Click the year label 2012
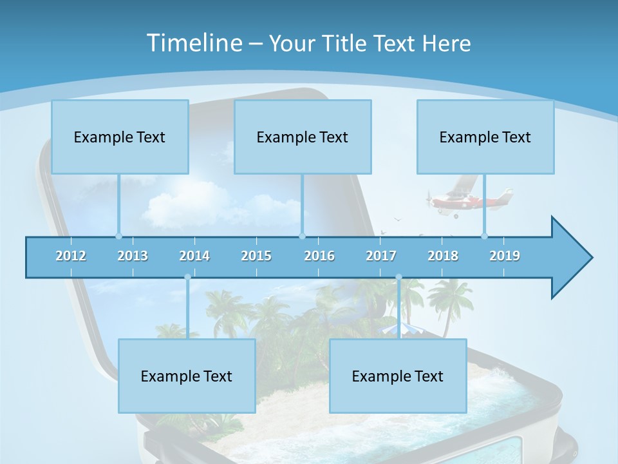coord(71,256)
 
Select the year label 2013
coord(133,256)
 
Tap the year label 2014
coord(194,256)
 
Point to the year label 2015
coord(256,256)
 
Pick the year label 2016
coord(319,256)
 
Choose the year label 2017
coord(381,256)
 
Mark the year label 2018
coord(443,256)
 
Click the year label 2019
coord(505,256)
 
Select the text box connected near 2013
coord(120,137)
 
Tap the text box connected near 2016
coord(303,137)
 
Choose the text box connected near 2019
coord(485,137)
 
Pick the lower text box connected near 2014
coord(187,376)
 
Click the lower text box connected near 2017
coord(398,376)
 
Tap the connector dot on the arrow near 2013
coord(118,236)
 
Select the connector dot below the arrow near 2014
coord(187,277)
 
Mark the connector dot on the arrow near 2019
coord(484,236)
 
